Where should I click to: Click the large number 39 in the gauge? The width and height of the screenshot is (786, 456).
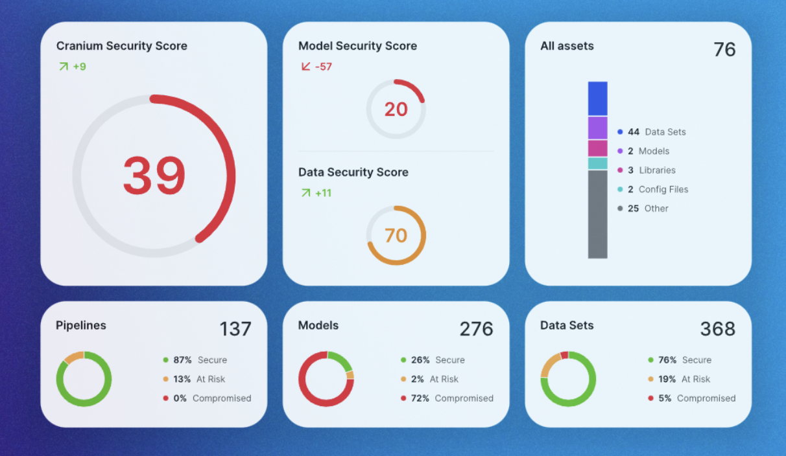(x=154, y=176)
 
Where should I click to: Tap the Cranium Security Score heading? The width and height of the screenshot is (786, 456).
(x=121, y=46)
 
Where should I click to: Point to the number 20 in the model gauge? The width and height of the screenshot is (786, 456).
(x=396, y=109)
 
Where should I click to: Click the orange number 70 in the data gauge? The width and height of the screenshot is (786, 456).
(x=396, y=235)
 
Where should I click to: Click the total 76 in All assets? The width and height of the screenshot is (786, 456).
(x=724, y=50)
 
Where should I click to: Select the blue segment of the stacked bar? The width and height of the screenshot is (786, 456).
(x=597, y=98)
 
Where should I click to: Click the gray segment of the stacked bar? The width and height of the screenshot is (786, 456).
(x=597, y=214)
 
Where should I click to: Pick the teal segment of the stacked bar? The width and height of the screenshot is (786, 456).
(x=597, y=163)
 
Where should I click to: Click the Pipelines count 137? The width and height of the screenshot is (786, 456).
(x=235, y=329)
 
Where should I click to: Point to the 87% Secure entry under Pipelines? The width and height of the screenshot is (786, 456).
(x=195, y=360)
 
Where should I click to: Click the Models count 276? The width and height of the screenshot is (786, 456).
(x=476, y=329)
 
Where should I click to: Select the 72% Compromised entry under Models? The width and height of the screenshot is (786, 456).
(x=447, y=398)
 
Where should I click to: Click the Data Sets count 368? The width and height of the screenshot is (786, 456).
(x=717, y=329)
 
